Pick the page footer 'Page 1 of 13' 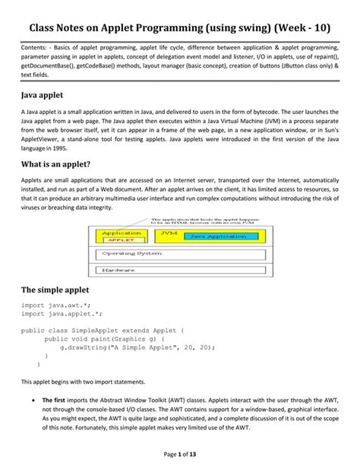[179, 454]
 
